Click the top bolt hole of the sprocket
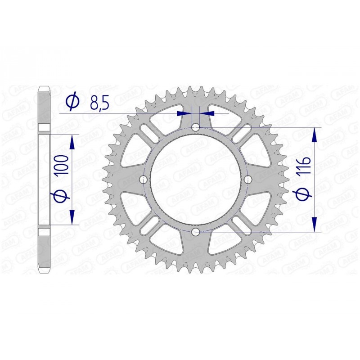click(196, 127)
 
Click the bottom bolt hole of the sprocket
click(196, 232)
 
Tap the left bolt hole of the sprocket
click(144, 180)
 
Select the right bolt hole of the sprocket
click(248, 180)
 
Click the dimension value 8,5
click(99, 103)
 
